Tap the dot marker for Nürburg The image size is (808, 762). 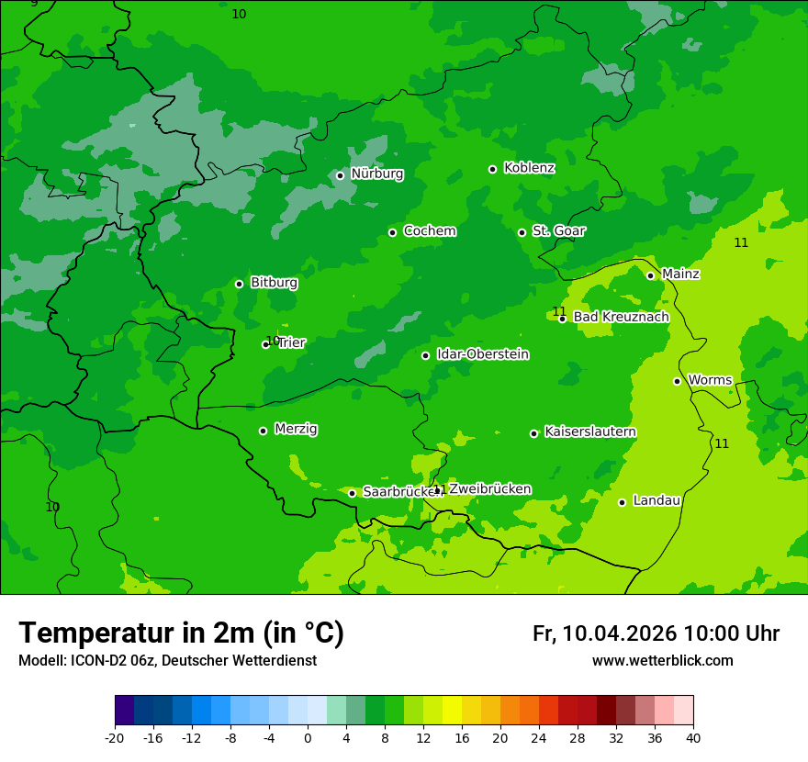340,175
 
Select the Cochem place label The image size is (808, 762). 429,231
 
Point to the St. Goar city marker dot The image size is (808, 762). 522,232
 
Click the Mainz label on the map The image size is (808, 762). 680,274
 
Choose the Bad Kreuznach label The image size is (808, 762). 621,317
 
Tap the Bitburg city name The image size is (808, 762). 274,283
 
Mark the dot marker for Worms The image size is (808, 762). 677,381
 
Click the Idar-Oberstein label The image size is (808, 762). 482,354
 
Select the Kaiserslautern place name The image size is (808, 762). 590,431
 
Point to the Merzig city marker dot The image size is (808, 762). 263,431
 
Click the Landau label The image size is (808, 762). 656,500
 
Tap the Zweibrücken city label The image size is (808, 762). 489,489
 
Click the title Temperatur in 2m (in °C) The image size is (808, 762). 181,633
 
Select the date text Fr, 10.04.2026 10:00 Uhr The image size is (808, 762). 656,633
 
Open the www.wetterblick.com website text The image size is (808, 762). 662,661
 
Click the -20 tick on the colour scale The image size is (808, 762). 115,738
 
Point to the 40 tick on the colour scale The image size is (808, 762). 693,738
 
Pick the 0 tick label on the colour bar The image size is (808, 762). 308,738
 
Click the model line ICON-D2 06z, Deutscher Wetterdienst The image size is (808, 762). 167,661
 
